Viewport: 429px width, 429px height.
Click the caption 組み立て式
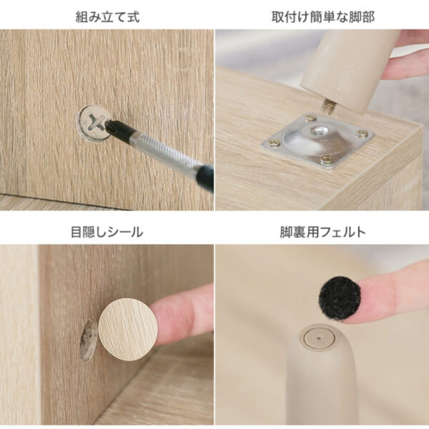pyautogui.click(x=107, y=16)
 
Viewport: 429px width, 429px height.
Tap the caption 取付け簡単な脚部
pyautogui.click(x=322, y=16)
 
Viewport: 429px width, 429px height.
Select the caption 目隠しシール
pyautogui.click(x=107, y=232)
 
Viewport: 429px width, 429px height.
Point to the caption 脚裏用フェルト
pyautogui.click(x=322, y=232)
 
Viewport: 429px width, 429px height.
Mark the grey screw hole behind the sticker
pyautogui.click(x=87, y=340)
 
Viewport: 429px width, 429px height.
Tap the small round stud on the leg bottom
pyautogui.click(x=317, y=335)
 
